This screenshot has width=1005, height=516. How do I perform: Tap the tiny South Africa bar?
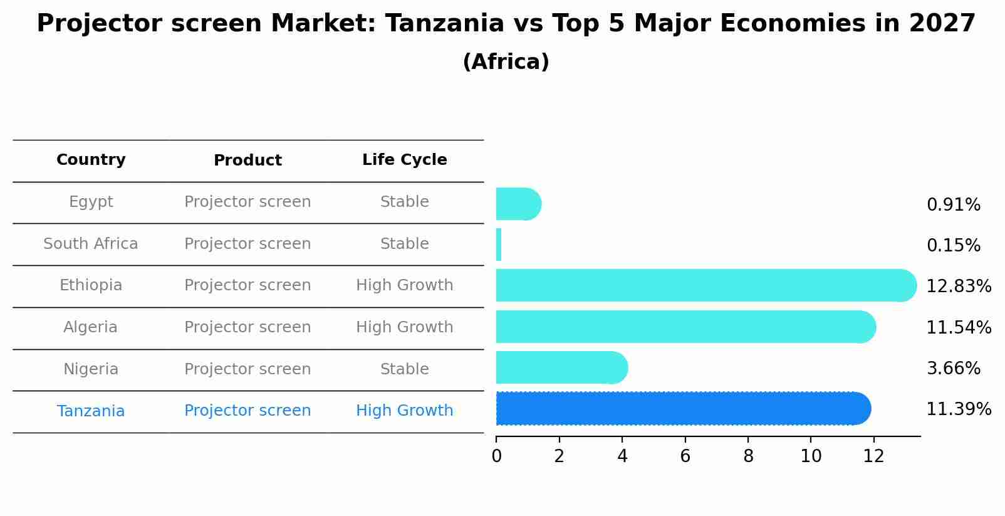(x=499, y=245)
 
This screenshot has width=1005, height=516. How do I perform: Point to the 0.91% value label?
(x=953, y=205)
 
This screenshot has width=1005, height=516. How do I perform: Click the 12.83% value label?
(x=959, y=287)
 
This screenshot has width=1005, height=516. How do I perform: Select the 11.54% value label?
(x=959, y=327)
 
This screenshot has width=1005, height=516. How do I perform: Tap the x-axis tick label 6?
(x=685, y=456)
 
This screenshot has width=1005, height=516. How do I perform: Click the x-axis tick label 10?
(x=811, y=456)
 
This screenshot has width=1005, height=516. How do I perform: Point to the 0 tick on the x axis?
(x=496, y=456)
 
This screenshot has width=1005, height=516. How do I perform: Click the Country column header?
(x=91, y=160)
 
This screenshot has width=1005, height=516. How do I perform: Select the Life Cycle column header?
(x=404, y=160)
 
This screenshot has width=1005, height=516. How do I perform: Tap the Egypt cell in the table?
(x=91, y=202)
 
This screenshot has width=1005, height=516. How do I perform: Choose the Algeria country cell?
(x=90, y=327)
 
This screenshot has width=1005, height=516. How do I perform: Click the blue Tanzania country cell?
(x=91, y=411)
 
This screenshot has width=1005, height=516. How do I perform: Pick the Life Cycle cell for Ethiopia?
(x=404, y=285)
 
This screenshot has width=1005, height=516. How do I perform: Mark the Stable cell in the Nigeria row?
(x=404, y=369)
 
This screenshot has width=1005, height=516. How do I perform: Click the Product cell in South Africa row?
(x=247, y=244)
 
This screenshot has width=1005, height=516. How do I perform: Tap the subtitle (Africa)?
(x=506, y=62)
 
